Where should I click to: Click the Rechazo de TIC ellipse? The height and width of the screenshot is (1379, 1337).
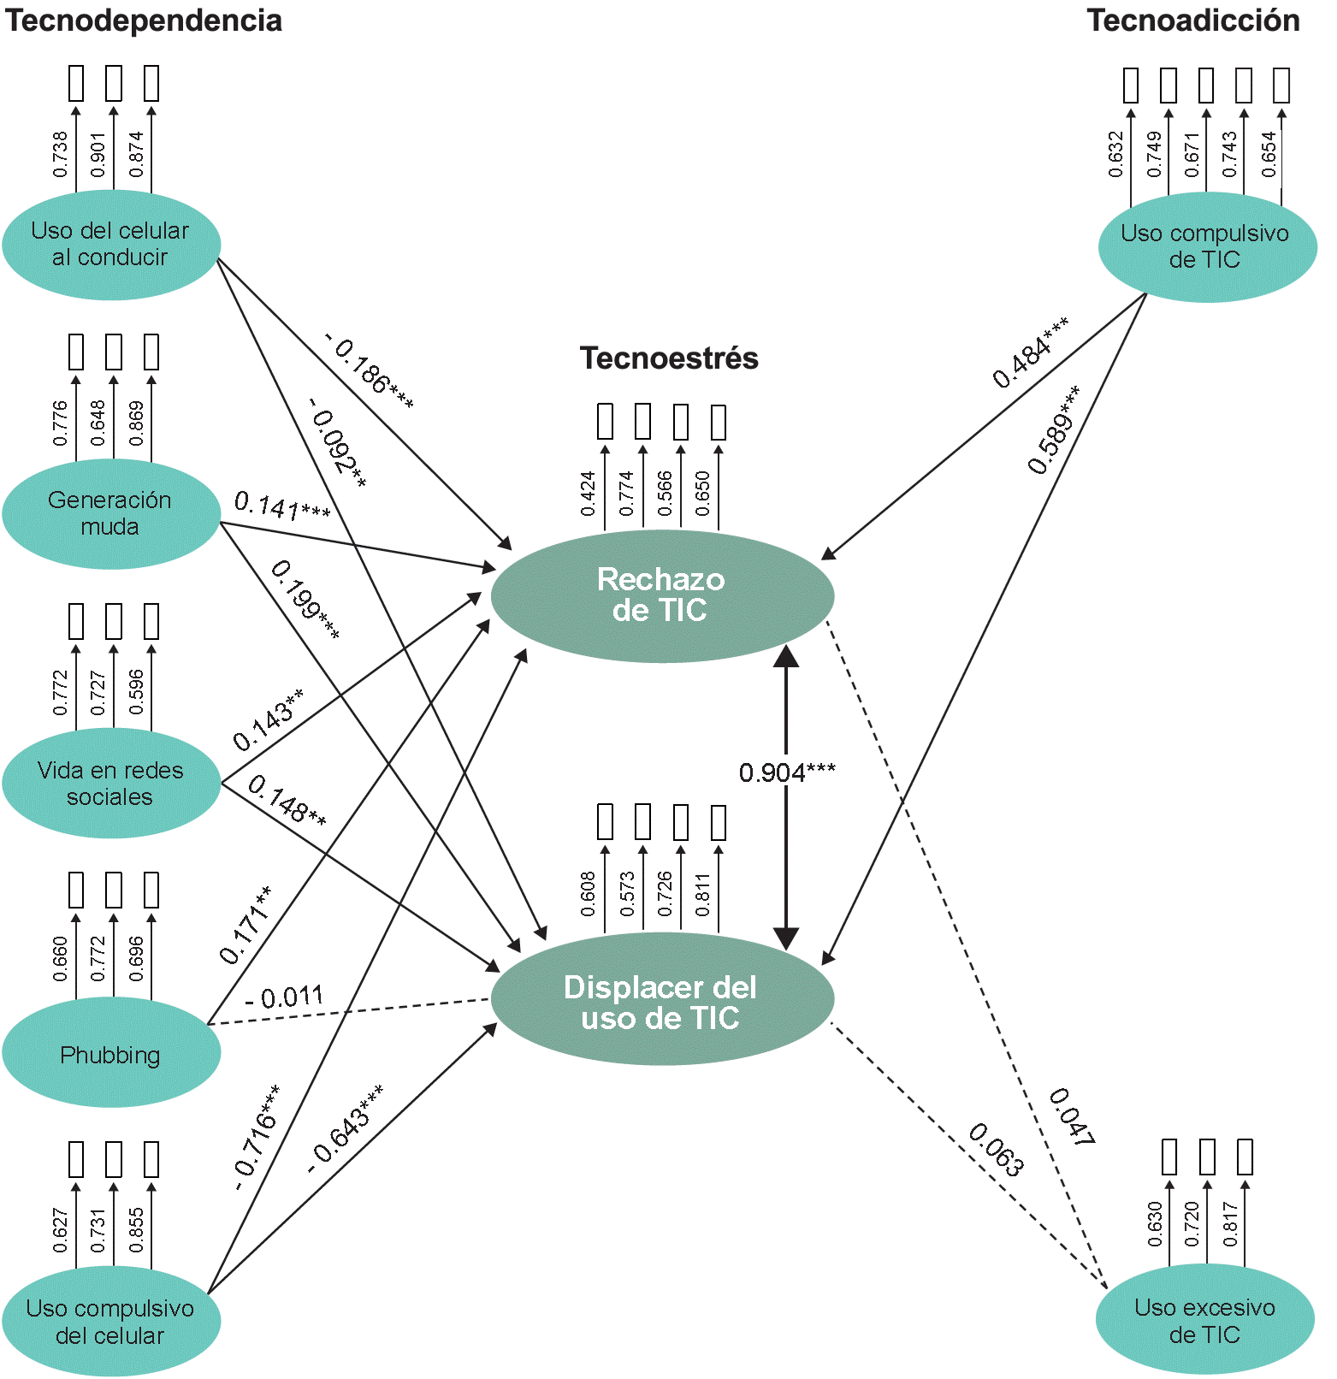point(661,595)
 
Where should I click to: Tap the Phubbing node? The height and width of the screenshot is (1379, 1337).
point(111,1053)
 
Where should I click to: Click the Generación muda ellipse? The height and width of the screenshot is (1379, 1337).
point(111,513)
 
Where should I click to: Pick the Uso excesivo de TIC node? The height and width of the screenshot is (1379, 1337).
point(1204,1320)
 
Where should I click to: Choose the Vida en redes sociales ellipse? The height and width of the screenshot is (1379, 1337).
point(111,783)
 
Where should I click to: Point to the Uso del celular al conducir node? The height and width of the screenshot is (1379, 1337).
point(111,245)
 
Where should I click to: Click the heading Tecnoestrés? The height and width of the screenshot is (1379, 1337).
point(669,358)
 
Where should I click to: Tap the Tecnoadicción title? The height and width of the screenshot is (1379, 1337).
point(1192,21)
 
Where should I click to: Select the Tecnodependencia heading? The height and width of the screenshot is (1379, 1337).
point(144,21)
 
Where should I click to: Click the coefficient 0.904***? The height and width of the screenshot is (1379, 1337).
point(787,773)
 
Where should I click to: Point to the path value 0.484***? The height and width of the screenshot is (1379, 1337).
point(1031,352)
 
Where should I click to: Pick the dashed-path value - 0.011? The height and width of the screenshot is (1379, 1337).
point(284,997)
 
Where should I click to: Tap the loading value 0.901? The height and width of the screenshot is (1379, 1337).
point(98,155)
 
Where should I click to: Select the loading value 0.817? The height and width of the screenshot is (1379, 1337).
point(1230,1224)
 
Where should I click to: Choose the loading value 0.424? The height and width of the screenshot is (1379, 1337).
point(589,494)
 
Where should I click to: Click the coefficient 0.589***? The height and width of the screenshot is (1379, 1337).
point(1054,429)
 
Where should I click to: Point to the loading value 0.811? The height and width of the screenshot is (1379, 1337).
point(703,895)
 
